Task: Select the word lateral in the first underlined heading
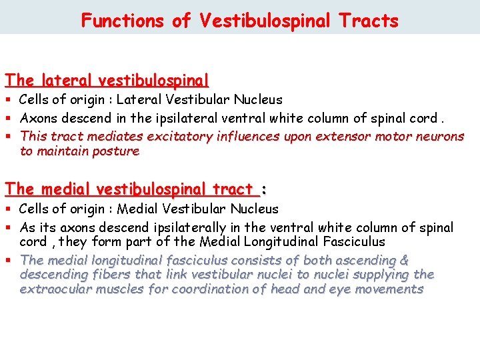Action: point(66,81)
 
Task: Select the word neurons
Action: point(440,137)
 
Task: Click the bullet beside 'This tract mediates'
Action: point(9,137)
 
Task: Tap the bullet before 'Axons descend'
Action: point(9,119)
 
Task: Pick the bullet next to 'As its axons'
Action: point(9,228)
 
